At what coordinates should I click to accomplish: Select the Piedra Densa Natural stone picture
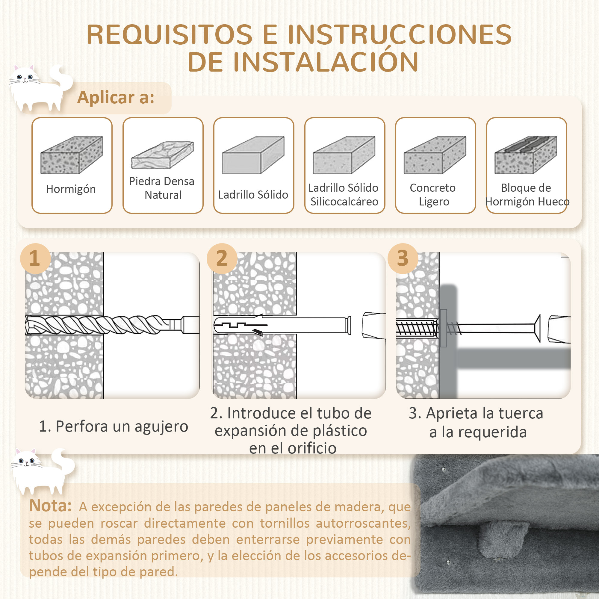coord(162,155)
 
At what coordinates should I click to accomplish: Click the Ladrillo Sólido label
coord(253,195)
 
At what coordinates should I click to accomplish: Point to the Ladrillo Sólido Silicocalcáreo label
coord(344,195)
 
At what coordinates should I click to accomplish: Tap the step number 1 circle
coord(35,258)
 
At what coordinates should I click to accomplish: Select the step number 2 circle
coord(222,258)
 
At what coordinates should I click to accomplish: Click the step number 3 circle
coord(403,258)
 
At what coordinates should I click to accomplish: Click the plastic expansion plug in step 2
coord(279,325)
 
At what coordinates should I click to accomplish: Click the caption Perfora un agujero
coord(113,426)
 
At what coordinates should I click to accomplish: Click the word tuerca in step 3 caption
coord(521,413)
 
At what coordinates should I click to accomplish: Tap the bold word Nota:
coord(50,506)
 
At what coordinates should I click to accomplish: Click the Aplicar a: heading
coord(116,97)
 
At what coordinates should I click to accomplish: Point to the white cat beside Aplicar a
coord(39,88)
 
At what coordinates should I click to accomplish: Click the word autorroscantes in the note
coord(363,523)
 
